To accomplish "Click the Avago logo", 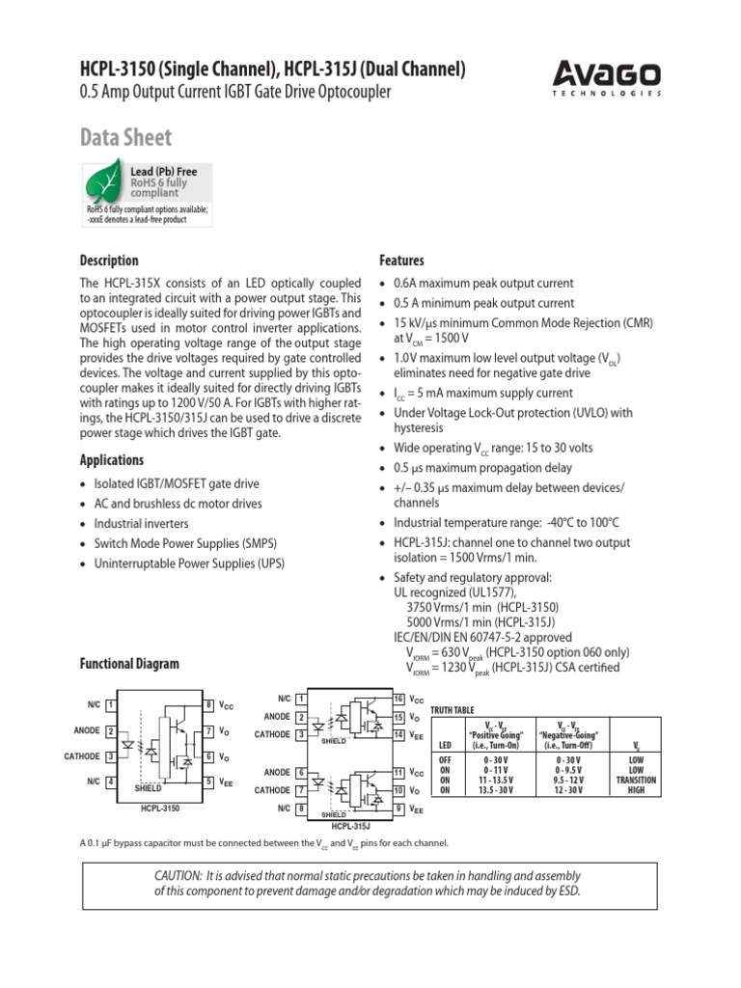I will pos(607,76).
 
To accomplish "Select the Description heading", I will pos(108,261).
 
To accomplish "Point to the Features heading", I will pos(402,261).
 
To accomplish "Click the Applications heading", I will pos(111,460).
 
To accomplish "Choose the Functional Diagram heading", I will pos(128,664).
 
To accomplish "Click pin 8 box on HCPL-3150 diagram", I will pos(208,705).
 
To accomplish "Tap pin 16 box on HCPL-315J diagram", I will pos(398,699).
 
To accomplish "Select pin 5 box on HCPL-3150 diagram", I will pos(208,782).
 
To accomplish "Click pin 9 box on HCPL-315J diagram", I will pos(398,809).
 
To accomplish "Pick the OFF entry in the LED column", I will pos(445,760).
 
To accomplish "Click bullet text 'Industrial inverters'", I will pos(136,523).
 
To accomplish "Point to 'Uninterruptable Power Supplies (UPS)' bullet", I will pos(189,563).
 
